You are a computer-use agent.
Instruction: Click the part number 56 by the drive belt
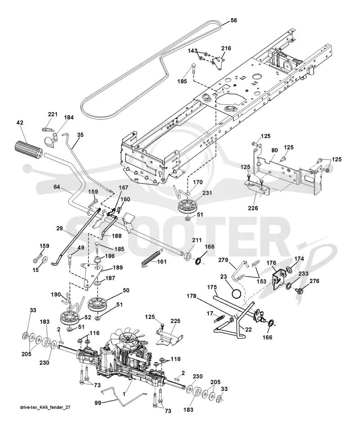[x=234, y=20]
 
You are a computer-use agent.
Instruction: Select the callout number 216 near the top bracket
[x=226, y=48]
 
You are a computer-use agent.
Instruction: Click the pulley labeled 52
[x=71, y=318]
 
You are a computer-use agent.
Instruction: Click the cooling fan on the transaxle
[x=127, y=338]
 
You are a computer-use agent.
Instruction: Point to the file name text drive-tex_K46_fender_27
[x=45, y=407]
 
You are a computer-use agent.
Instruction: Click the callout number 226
[x=253, y=208]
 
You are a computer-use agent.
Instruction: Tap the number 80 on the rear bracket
[x=274, y=150]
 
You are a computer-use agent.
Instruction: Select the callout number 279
[x=223, y=260]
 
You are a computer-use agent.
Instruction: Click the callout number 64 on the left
[x=57, y=187]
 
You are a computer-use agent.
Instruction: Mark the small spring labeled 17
[x=220, y=318]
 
